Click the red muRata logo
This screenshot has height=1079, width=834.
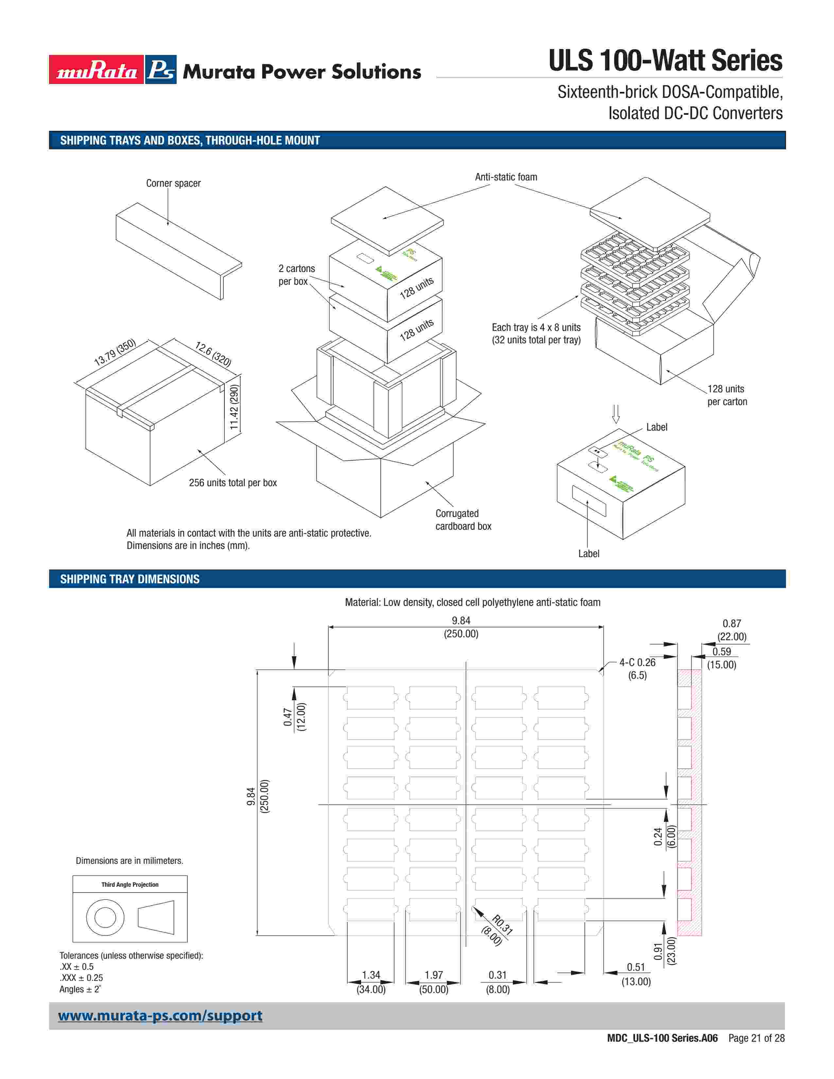click(x=96, y=70)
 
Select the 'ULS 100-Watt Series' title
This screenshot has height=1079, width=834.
click(x=665, y=61)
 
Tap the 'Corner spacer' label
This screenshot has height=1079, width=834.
click(x=173, y=183)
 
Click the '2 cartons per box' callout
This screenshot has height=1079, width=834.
click(x=296, y=275)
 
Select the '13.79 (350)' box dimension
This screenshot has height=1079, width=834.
click(x=114, y=352)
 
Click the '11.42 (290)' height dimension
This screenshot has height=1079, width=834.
click(x=234, y=407)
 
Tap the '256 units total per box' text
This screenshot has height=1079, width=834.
click(x=233, y=483)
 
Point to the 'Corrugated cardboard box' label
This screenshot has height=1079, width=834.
click(x=463, y=520)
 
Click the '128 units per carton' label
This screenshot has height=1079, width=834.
click(x=727, y=395)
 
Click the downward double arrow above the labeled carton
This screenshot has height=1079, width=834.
click(x=616, y=414)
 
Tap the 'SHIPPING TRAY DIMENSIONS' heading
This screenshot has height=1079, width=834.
click(x=130, y=579)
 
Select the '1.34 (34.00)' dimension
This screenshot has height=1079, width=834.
click(x=371, y=982)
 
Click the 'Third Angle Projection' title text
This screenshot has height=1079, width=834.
click(x=130, y=884)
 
